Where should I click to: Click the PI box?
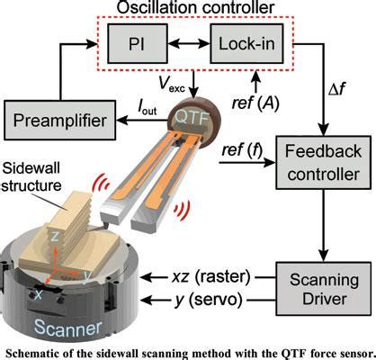tap(138, 44)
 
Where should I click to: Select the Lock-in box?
tap(246, 44)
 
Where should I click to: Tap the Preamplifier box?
tap(59, 120)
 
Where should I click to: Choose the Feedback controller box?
tap(323, 163)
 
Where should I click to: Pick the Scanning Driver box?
tap(323, 289)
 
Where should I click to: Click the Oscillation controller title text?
tap(195, 7)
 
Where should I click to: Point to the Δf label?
tap(336, 89)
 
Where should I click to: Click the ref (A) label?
tap(255, 103)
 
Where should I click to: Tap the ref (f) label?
tap(242, 150)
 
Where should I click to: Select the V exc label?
tap(172, 85)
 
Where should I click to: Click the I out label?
tap(148, 107)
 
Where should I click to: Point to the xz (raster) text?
tap(211, 277)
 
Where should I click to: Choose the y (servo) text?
tap(209, 300)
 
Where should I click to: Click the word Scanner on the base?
tap(67, 328)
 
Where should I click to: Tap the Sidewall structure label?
tap(31, 176)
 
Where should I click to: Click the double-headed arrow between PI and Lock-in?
tap(189, 44)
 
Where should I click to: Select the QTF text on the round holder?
tap(192, 117)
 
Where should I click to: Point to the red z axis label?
tap(55, 236)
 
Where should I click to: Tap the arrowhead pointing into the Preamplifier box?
tap(121, 120)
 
